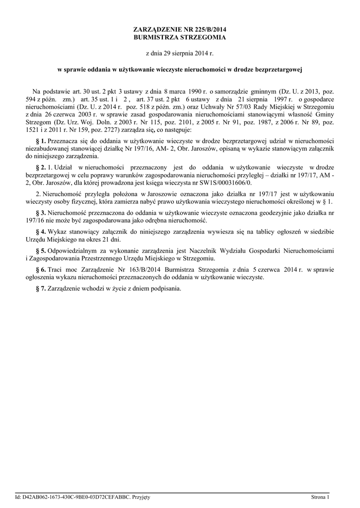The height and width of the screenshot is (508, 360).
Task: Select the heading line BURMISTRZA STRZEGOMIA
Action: [x=180, y=38]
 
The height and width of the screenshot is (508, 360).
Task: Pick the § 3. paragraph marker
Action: [x=41, y=212]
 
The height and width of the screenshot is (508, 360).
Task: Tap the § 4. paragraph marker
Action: [x=41, y=232]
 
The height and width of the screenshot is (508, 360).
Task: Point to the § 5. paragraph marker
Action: [x=41, y=251]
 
